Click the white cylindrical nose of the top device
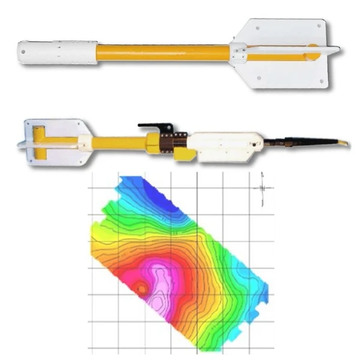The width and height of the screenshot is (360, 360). pyautogui.click(x=57, y=52)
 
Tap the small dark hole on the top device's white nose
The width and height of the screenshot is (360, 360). pyautogui.click(x=23, y=52)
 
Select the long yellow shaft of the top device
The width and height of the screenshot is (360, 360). pyautogui.click(x=162, y=52)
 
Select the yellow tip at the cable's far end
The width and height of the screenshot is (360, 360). pyautogui.click(x=344, y=143)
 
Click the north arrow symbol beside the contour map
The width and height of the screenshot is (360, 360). pyautogui.click(x=262, y=187)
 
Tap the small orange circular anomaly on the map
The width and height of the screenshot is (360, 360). pyautogui.click(x=140, y=289)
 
